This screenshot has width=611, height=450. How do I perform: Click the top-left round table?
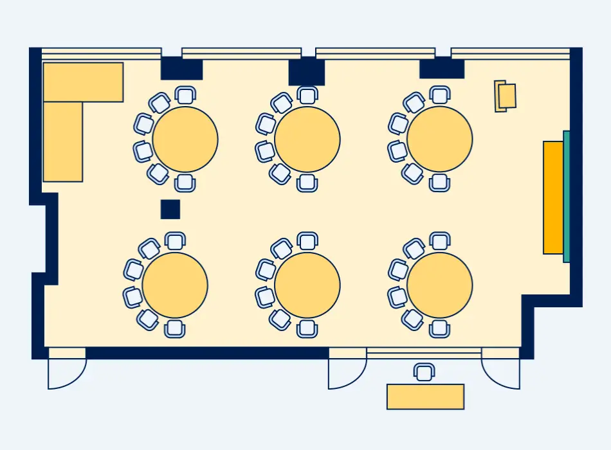coord(185,139)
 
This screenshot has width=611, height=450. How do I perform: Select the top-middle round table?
coord(307,139)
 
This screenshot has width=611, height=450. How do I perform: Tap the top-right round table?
coord(440,139)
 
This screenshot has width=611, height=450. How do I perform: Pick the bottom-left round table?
coord(175,285)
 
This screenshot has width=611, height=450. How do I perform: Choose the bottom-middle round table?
coord(307,285)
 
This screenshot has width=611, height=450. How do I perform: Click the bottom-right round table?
coord(440,285)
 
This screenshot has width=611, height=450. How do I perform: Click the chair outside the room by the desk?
coord(424,372)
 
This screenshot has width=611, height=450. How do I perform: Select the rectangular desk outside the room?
coord(425,397)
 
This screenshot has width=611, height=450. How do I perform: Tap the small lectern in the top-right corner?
coord(506,96)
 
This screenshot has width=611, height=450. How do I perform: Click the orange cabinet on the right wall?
coord(553,197)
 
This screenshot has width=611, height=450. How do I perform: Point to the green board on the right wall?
coord(567,196)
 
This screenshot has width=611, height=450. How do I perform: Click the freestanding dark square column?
coord(170,210)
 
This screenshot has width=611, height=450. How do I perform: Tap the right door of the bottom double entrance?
coord(502,372)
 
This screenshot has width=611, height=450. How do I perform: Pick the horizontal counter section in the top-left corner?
coord(83,82)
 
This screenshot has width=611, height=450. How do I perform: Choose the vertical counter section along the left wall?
coord(62,141)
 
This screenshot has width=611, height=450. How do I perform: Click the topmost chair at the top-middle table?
coord(307,95)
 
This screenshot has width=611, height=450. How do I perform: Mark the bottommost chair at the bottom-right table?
coord(440,328)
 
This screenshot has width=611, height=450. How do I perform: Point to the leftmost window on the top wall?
coord(102,53)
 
